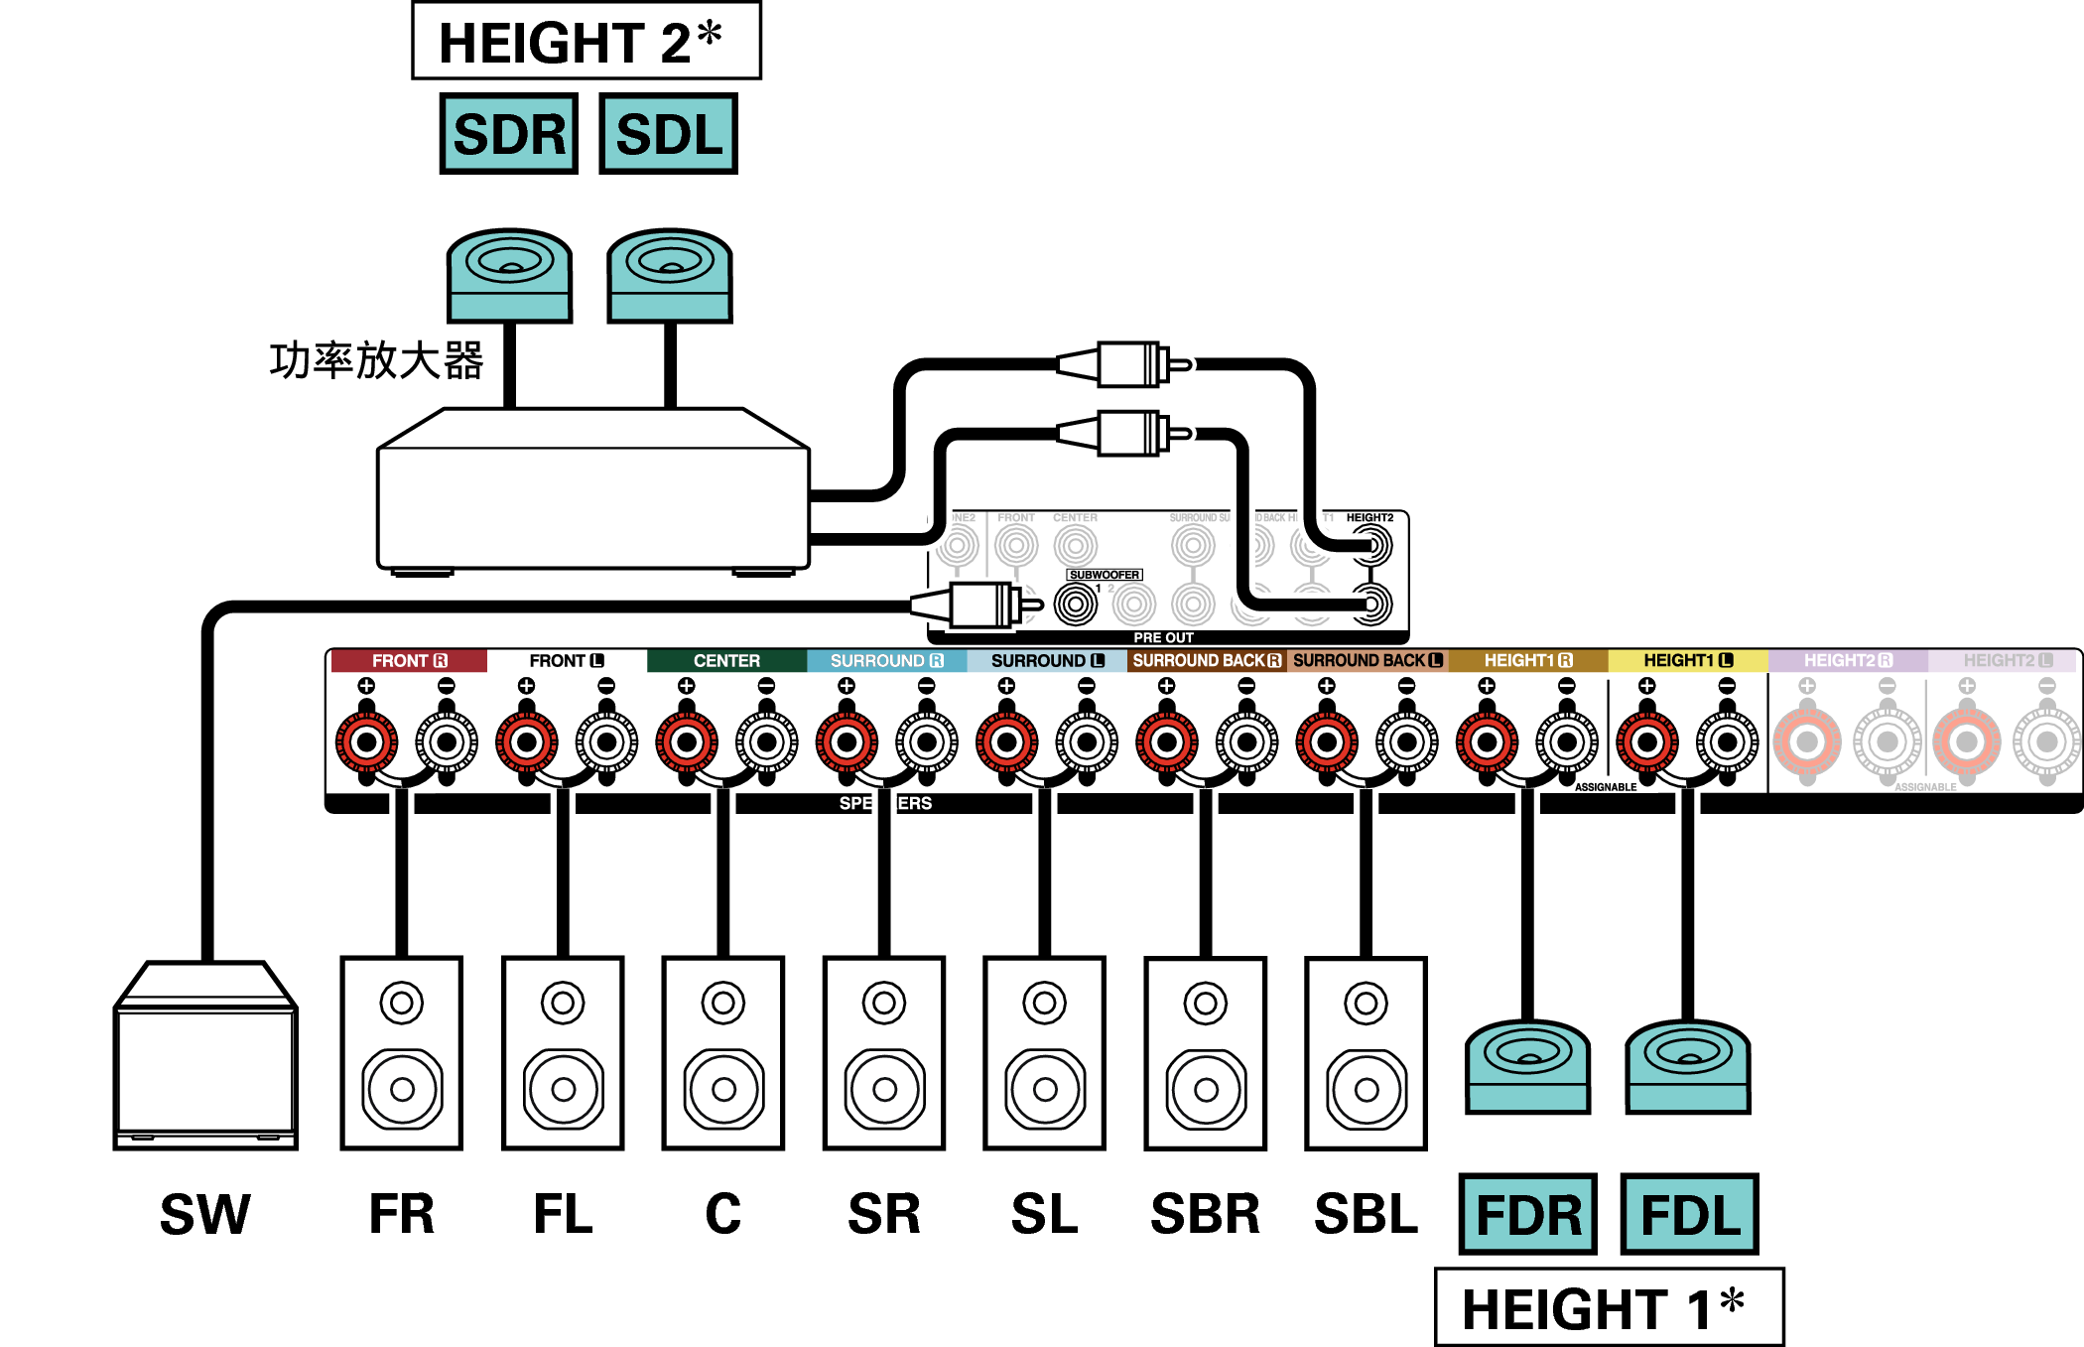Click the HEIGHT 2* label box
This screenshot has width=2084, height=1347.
[x=586, y=42]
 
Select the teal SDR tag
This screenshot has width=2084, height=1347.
[x=509, y=134]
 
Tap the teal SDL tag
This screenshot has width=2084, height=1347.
[x=668, y=134]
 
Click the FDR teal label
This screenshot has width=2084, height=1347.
[x=1527, y=1214]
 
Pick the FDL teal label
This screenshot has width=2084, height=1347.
[x=1689, y=1214]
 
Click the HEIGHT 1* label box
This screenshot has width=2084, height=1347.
[x=1609, y=1307]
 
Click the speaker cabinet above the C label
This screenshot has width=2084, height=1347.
[x=723, y=1053]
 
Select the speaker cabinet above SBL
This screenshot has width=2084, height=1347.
[x=1366, y=1053]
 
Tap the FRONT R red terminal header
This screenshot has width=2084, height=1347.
[x=409, y=660]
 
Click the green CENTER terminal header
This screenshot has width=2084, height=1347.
[x=726, y=660]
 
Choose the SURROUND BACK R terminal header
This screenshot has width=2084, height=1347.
[x=1207, y=660]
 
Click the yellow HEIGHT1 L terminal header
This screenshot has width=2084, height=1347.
[x=1687, y=660]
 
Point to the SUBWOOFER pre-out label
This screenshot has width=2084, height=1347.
[x=1104, y=575]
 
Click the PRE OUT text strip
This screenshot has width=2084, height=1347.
[x=1163, y=637]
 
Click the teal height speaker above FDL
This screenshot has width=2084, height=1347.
[x=1687, y=1067]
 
